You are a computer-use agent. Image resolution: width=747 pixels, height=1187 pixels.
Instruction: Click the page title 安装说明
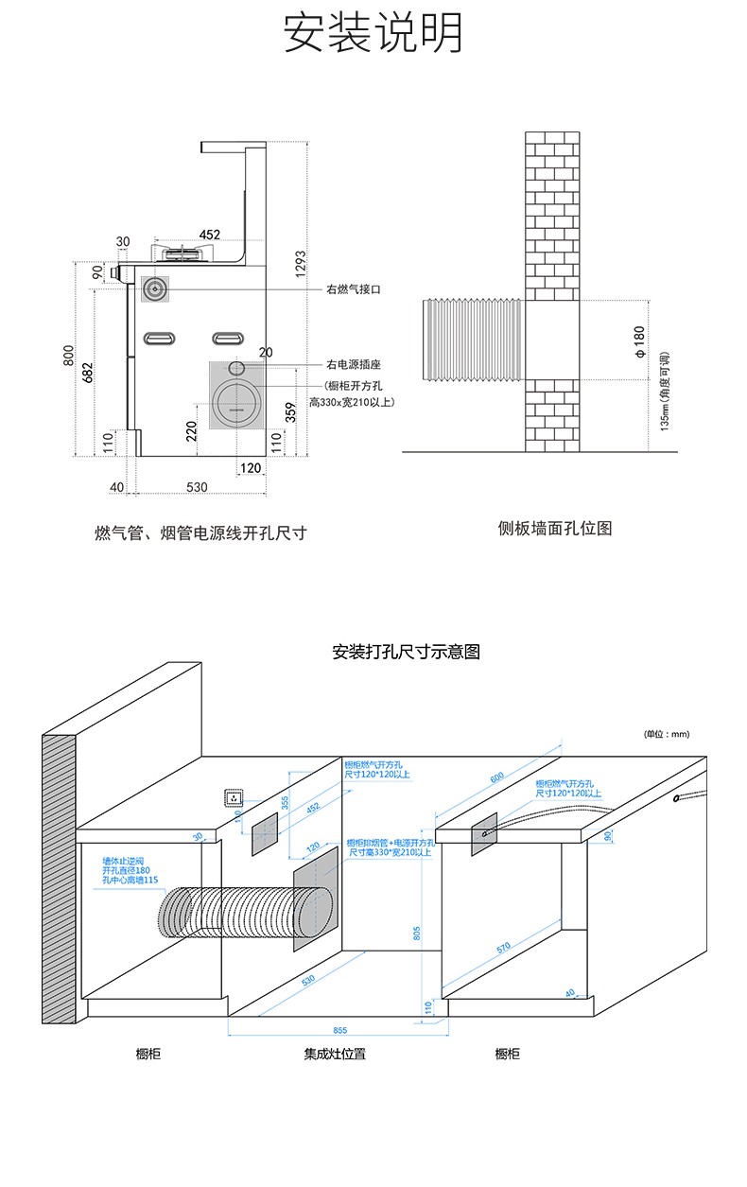click(x=373, y=34)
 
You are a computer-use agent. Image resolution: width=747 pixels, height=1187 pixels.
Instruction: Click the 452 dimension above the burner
click(x=210, y=235)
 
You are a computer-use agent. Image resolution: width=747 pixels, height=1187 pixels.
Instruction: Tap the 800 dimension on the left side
click(x=68, y=355)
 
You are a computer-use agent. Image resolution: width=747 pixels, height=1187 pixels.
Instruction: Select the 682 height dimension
click(x=88, y=371)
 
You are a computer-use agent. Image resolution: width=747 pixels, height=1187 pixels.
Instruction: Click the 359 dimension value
click(x=291, y=413)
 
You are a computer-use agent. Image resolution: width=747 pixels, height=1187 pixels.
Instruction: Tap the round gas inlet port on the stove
click(x=155, y=288)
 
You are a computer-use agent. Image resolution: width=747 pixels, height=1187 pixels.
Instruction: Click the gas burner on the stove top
click(x=185, y=253)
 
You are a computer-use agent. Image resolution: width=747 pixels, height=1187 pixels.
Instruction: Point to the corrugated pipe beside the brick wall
click(x=471, y=340)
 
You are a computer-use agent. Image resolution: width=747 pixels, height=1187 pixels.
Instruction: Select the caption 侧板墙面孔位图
click(x=555, y=528)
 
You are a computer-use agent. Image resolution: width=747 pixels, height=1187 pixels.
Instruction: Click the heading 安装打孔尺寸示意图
click(x=407, y=652)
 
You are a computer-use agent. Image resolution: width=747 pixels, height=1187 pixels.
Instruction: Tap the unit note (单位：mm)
click(x=668, y=734)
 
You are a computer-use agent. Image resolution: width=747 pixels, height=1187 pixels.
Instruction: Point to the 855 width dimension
click(x=340, y=1030)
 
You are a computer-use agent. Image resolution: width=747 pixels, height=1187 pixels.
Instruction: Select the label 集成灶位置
click(x=335, y=1054)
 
